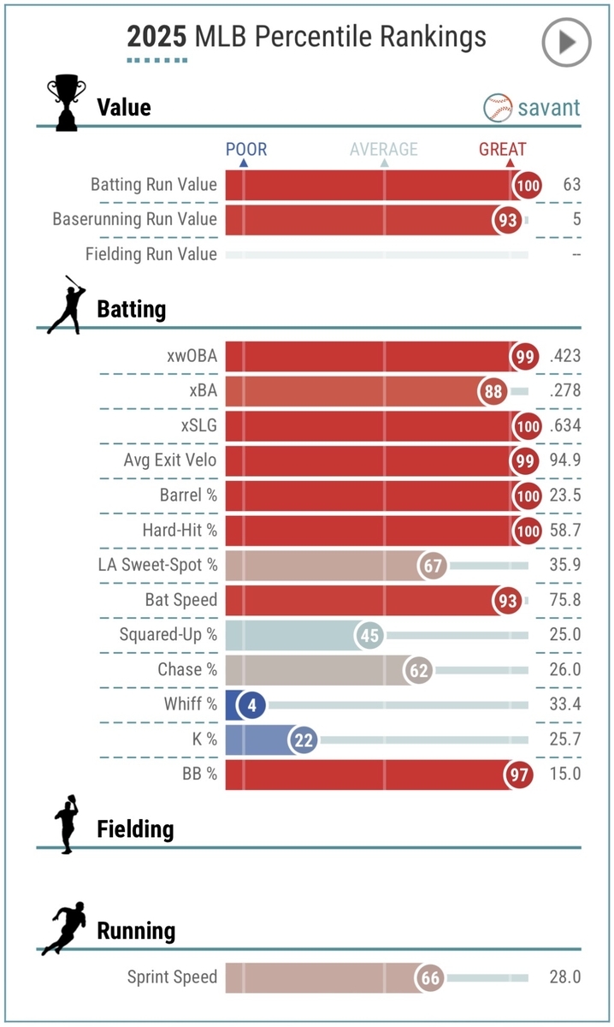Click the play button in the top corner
click(566, 41)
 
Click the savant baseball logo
click(498, 108)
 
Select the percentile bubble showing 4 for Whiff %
click(252, 704)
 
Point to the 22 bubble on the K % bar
click(304, 739)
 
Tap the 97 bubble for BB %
click(517, 774)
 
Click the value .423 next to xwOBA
click(565, 356)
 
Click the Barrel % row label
click(188, 496)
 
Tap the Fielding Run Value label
click(151, 254)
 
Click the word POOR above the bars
click(246, 150)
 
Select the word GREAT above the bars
click(502, 150)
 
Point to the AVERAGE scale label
click(384, 150)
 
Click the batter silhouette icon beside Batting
click(67, 306)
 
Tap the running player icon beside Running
click(64, 929)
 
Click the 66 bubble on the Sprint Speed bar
click(429, 977)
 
